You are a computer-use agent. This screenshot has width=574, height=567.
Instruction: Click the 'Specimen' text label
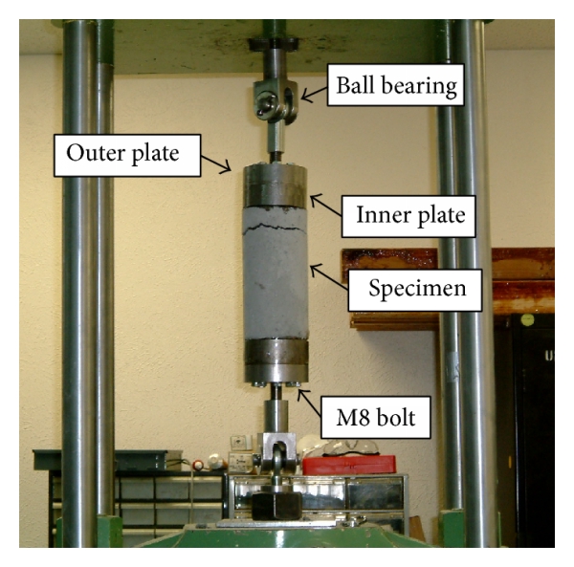[x=413, y=288]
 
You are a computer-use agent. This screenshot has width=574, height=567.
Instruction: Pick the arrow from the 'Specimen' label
[x=328, y=273]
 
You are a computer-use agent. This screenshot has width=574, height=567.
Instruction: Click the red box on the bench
[x=348, y=465]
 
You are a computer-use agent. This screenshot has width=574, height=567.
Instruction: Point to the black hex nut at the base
[x=275, y=505]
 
